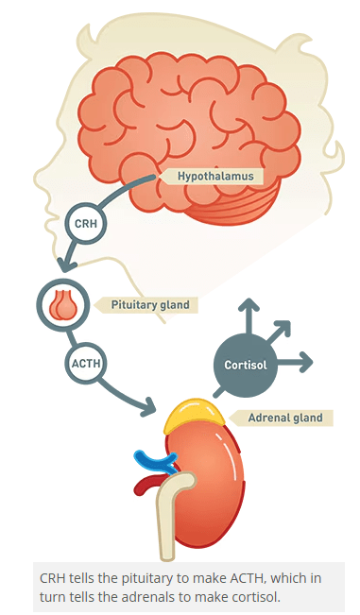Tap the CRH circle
point(83,225)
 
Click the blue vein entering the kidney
point(151,459)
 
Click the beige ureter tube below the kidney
point(171,520)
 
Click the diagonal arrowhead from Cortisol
point(284,326)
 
